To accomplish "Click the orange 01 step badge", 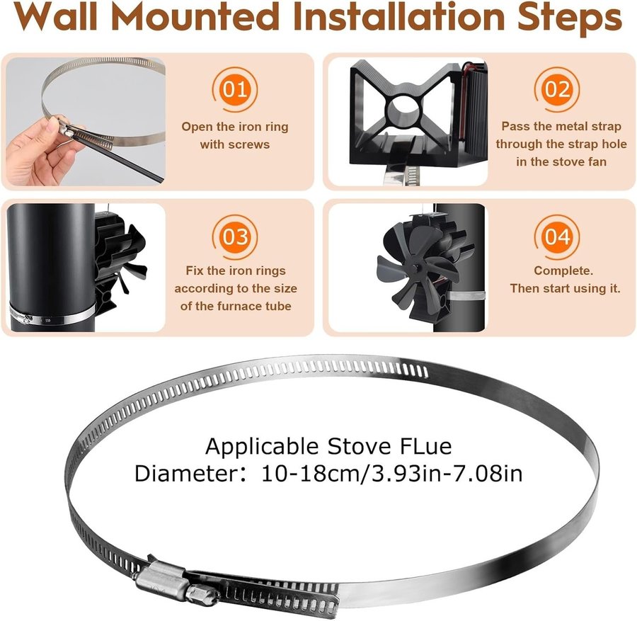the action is coord(235,89).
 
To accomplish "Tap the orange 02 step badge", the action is coord(557,89).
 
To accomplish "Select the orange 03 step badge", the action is coord(235,237).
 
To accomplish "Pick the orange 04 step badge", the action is coord(557,237).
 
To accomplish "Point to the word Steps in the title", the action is coord(569,18).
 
